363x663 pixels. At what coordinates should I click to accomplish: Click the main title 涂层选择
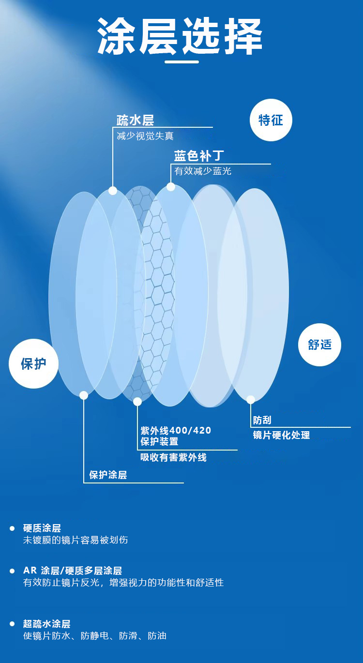click(x=180, y=37)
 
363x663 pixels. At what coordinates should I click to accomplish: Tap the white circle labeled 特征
click(x=271, y=120)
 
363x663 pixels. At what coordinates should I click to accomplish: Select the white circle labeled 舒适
click(x=319, y=345)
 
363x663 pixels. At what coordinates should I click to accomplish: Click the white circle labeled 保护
click(x=33, y=364)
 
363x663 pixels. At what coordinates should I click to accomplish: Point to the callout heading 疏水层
click(x=135, y=120)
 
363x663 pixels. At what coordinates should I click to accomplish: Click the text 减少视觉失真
click(x=145, y=136)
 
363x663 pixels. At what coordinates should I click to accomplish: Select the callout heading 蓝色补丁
click(x=199, y=156)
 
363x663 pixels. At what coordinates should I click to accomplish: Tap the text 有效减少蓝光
click(x=203, y=171)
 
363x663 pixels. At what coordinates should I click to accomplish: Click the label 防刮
click(x=262, y=420)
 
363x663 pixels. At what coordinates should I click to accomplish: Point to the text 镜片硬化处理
click(x=281, y=435)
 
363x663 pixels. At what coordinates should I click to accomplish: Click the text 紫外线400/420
click(x=176, y=430)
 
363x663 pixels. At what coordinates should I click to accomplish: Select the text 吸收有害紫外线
click(x=173, y=457)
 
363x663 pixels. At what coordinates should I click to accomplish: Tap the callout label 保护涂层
click(x=108, y=475)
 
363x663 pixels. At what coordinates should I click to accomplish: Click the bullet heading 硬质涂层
click(x=42, y=528)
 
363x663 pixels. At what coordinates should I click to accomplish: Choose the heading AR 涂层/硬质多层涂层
click(x=73, y=571)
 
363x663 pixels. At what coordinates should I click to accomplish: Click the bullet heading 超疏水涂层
click(x=47, y=624)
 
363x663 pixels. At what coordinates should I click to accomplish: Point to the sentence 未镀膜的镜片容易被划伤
click(x=76, y=540)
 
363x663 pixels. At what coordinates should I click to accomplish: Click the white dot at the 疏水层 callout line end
click(x=113, y=191)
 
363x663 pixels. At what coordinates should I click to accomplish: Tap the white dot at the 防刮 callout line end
click(x=251, y=400)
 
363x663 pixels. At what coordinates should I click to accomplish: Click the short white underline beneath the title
click(x=181, y=62)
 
